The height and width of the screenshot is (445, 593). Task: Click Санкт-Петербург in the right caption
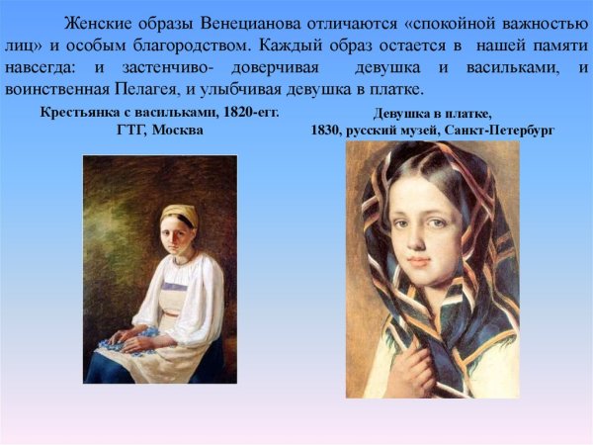[501, 131]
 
